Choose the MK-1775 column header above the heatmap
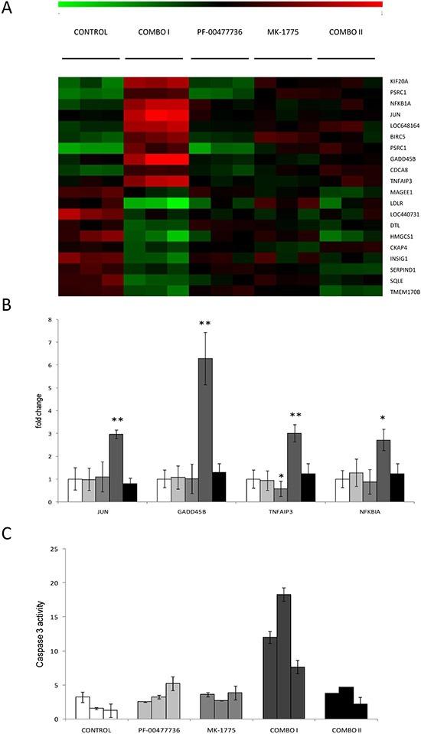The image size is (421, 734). [282, 32]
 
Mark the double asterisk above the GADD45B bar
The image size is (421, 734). [205, 325]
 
